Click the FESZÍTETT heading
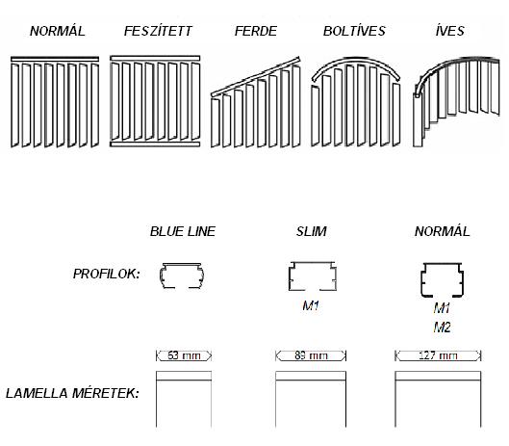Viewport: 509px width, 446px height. (x=158, y=31)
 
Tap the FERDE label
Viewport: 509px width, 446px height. (x=256, y=31)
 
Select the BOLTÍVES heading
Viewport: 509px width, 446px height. (x=354, y=31)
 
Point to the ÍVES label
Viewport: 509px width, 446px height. (x=450, y=31)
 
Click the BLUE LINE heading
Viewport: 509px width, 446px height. (x=183, y=231)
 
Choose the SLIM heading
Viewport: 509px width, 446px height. (x=311, y=231)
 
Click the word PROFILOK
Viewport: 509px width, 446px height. (x=106, y=274)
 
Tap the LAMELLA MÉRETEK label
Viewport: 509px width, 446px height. (x=72, y=393)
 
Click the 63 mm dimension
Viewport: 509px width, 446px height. (x=184, y=355)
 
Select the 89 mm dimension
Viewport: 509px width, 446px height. (x=311, y=355)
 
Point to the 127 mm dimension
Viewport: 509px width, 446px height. (x=438, y=355)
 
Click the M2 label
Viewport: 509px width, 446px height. (x=443, y=327)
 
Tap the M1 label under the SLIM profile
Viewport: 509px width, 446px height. (x=311, y=305)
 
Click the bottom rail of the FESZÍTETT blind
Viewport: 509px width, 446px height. (x=155, y=144)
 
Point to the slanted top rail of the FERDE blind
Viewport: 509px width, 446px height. (x=256, y=77)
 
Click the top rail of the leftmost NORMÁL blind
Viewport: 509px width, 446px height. (x=55, y=59)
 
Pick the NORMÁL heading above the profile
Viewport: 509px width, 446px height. (x=443, y=231)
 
